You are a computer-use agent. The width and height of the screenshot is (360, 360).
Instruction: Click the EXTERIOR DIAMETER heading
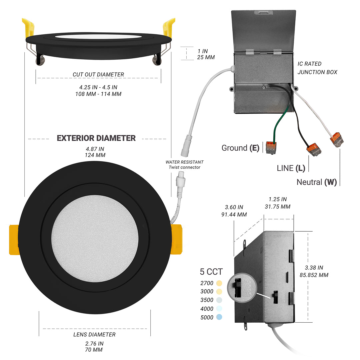pos(96,138)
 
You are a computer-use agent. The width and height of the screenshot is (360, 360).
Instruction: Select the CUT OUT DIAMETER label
pos(98,75)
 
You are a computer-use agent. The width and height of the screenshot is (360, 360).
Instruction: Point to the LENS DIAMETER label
pos(94,334)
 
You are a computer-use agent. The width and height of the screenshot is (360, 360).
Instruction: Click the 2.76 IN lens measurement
pos(94,343)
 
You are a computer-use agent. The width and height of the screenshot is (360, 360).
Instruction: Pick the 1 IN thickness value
pos(202,51)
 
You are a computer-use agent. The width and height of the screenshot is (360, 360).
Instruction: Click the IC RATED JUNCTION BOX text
pos(317,68)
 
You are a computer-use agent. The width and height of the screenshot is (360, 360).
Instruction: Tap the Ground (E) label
pos(240,148)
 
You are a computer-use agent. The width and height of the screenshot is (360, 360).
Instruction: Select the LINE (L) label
pos(291,168)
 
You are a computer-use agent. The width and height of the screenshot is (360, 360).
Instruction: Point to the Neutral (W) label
pos(316,182)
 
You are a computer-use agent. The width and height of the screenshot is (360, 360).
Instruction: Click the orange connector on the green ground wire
pos(271,147)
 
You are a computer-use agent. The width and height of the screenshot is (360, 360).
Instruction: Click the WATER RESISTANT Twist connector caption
pos(184,165)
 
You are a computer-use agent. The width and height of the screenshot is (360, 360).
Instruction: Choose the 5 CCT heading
pos(211,272)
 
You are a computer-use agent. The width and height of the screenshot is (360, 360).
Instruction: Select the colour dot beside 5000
pos(219,317)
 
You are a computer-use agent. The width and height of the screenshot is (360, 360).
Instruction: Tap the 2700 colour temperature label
pos(207,283)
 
